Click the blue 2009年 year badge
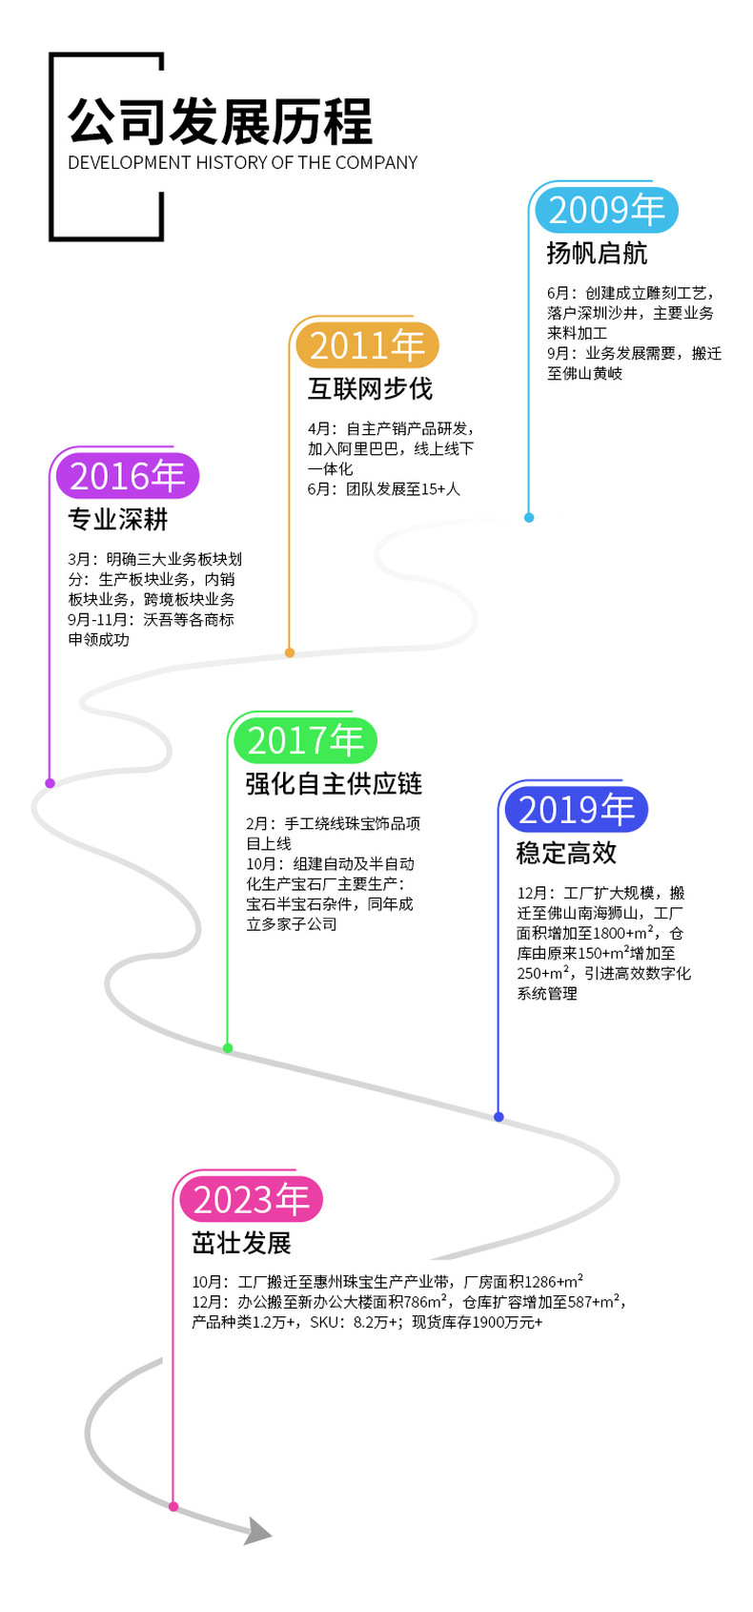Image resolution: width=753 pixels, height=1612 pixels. [606, 210]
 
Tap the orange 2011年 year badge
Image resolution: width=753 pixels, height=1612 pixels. [367, 345]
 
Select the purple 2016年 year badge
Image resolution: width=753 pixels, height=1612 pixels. [128, 476]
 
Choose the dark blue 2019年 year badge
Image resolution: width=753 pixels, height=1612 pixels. [577, 810]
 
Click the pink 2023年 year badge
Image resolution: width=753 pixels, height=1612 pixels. [252, 1200]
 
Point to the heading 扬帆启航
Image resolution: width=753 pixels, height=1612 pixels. [597, 254]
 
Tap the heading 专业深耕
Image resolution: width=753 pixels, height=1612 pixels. [118, 520]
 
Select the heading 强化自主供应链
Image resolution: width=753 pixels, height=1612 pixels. [334, 784]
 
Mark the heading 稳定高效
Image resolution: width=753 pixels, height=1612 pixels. [566, 853]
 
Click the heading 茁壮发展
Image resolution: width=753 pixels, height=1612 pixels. [241, 1244]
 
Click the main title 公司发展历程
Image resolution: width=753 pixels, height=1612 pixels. [219, 122]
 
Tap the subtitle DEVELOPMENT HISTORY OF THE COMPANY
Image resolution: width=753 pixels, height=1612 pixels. [242, 163]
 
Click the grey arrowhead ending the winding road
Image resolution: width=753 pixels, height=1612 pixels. [257, 1531]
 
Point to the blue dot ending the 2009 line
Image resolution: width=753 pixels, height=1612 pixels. [529, 518]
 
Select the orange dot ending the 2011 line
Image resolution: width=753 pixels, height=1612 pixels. [290, 652]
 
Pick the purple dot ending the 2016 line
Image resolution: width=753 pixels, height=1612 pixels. [51, 783]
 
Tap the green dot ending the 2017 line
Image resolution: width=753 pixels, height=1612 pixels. [228, 1048]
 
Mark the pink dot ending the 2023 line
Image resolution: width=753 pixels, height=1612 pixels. [173, 1507]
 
